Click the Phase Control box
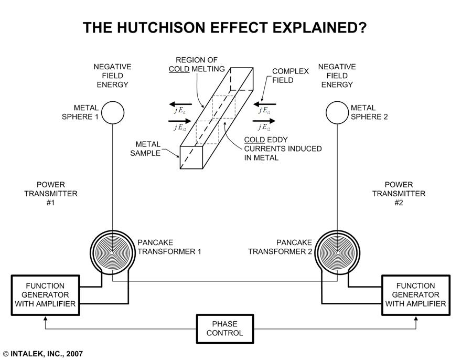pyautogui.click(x=224, y=329)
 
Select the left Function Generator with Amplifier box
pyautogui.click(x=45, y=295)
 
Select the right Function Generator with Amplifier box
pyautogui.click(x=415, y=295)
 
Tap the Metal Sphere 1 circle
pyautogui.click(x=112, y=112)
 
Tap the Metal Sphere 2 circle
pyautogui.click(x=337, y=112)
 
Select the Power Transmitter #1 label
pyautogui.click(x=50, y=193)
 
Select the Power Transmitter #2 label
pyautogui.click(x=399, y=193)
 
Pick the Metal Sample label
pyautogui.click(x=148, y=149)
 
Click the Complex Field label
pyautogui.click(x=290, y=77)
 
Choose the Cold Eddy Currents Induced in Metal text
pyautogui.click(x=283, y=149)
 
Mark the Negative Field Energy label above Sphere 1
pyautogui.click(x=112, y=76)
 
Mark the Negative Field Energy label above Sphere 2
pyautogui.click(x=337, y=76)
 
